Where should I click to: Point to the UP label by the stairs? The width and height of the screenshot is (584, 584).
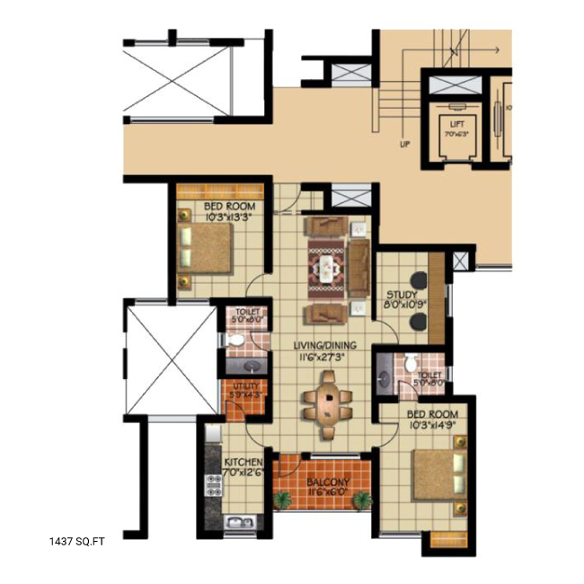coord(405,144)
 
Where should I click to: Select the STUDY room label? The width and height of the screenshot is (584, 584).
coord(401,294)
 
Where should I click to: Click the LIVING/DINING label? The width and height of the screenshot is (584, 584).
coord(323,345)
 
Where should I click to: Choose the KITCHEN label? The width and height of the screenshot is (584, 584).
coord(243,463)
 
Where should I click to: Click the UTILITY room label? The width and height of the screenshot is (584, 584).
coord(245,386)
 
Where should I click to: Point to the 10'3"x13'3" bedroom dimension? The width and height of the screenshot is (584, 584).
coord(222,216)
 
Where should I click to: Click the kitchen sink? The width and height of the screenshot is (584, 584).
coord(238,523)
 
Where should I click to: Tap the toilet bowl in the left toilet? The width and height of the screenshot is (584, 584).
coord(232,340)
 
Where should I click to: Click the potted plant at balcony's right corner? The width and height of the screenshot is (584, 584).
coord(361,500)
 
